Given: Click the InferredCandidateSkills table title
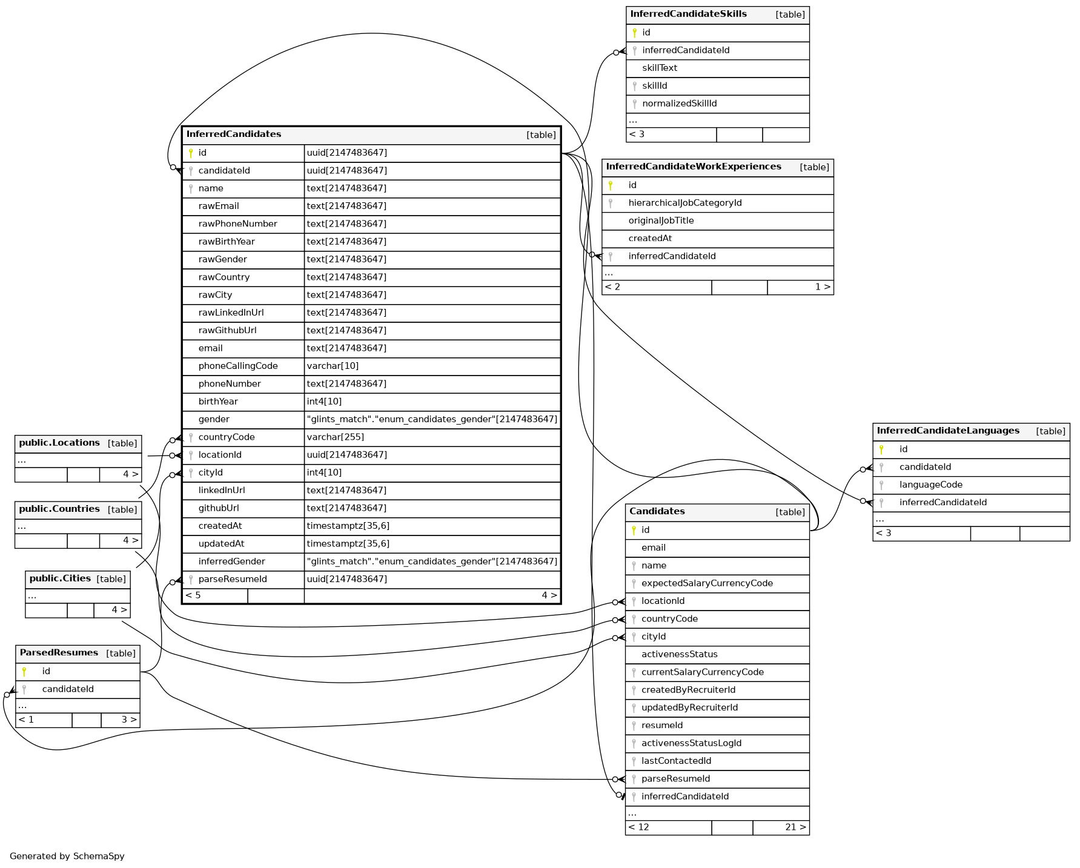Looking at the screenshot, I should pyautogui.click(x=688, y=14).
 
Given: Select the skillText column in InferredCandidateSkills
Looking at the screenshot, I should pyautogui.click(x=660, y=68).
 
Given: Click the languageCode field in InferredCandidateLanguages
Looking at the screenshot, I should pyautogui.click(x=930, y=485).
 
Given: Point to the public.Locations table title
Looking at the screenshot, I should pyautogui.click(x=59, y=443).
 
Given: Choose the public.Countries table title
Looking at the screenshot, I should pyautogui.click(x=59, y=509).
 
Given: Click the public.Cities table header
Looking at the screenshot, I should pyautogui.click(x=60, y=578).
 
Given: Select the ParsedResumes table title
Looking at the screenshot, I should pyautogui.click(x=59, y=652).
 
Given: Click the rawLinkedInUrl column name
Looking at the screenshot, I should pyautogui.click(x=231, y=313).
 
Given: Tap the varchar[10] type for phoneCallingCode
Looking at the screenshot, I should pyautogui.click(x=333, y=366).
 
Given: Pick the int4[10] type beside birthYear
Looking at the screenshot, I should pyautogui.click(x=324, y=402).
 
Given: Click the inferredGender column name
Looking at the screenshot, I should pyautogui.click(x=231, y=562).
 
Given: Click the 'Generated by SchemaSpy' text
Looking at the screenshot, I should pyautogui.click(x=67, y=856).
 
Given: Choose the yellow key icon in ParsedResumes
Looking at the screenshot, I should pyautogui.click(x=24, y=671).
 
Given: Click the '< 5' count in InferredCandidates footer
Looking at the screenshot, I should pyautogui.click(x=193, y=595).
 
